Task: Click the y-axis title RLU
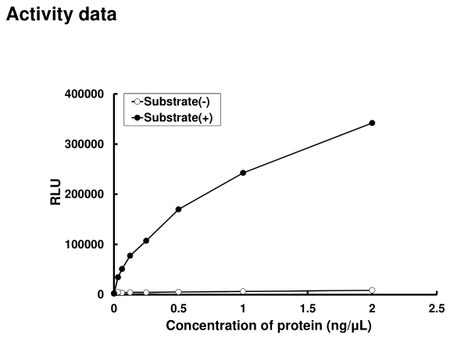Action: (x=55, y=194)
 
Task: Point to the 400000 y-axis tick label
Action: (x=86, y=94)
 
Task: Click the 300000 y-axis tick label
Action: (x=86, y=144)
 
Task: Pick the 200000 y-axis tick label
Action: (x=86, y=194)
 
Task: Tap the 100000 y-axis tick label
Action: (x=86, y=244)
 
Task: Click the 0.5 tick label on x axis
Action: (x=178, y=308)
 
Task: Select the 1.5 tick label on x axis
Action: (x=307, y=308)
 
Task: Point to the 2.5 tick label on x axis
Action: (x=437, y=308)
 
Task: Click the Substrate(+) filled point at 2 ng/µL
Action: (x=372, y=123)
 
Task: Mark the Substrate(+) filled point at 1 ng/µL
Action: (x=243, y=173)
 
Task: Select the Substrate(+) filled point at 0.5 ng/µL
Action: (x=179, y=209)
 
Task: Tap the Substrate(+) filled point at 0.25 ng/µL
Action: (x=146, y=241)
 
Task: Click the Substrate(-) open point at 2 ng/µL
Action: (x=372, y=290)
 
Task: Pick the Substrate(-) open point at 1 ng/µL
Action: (x=243, y=291)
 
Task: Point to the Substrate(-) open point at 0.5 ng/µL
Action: (x=179, y=292)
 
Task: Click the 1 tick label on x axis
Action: (x=243, y=308)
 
